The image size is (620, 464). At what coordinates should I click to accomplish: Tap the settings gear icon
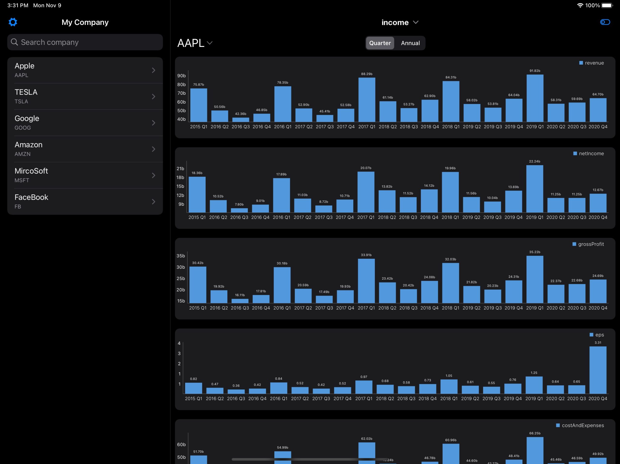point(13,22)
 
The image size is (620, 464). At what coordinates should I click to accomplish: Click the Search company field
point(85,42)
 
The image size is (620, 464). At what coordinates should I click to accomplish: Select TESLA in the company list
point(85,96)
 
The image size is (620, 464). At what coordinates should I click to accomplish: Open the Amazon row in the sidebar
point(85,149)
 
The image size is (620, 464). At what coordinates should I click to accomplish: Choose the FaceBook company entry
point(85,201)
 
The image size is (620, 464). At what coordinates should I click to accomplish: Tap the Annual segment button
point(410,43)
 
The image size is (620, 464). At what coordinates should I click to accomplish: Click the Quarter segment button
point(380,43)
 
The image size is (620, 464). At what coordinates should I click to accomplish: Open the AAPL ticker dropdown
point(195,43)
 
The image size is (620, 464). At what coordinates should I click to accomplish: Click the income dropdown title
point(400,22)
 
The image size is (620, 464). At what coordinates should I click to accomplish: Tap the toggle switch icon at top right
point(605,22)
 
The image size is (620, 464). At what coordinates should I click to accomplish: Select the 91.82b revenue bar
point(535,98)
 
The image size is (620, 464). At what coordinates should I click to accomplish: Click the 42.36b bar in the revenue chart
point(240,120)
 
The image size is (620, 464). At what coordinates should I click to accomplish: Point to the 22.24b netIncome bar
point(535,189)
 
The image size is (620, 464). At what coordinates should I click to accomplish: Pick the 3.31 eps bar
point(597,370)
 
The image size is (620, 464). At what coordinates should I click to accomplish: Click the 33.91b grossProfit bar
point(366,281)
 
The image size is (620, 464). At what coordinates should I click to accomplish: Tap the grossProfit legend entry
point(588,244)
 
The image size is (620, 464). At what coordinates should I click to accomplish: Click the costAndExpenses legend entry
point(580,425)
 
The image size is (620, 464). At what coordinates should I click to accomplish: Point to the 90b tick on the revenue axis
point(181,76)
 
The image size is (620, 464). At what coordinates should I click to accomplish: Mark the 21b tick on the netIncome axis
point(180,169)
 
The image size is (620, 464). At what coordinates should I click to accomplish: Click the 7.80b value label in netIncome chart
point(239,204)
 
